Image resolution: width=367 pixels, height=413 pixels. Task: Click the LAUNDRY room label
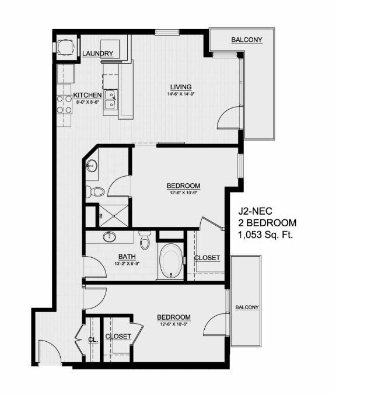click(97, 54)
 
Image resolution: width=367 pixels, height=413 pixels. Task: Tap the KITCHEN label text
click(88, 95)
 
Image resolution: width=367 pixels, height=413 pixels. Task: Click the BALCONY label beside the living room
click(246, 40)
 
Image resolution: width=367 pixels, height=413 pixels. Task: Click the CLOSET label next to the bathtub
click(207, 257)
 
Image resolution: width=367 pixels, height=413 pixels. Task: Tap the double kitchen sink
click(111, 100)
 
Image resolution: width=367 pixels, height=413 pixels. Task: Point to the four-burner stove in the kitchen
click(64, 104)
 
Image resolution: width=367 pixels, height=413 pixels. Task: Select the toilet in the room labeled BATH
click(145, 239)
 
